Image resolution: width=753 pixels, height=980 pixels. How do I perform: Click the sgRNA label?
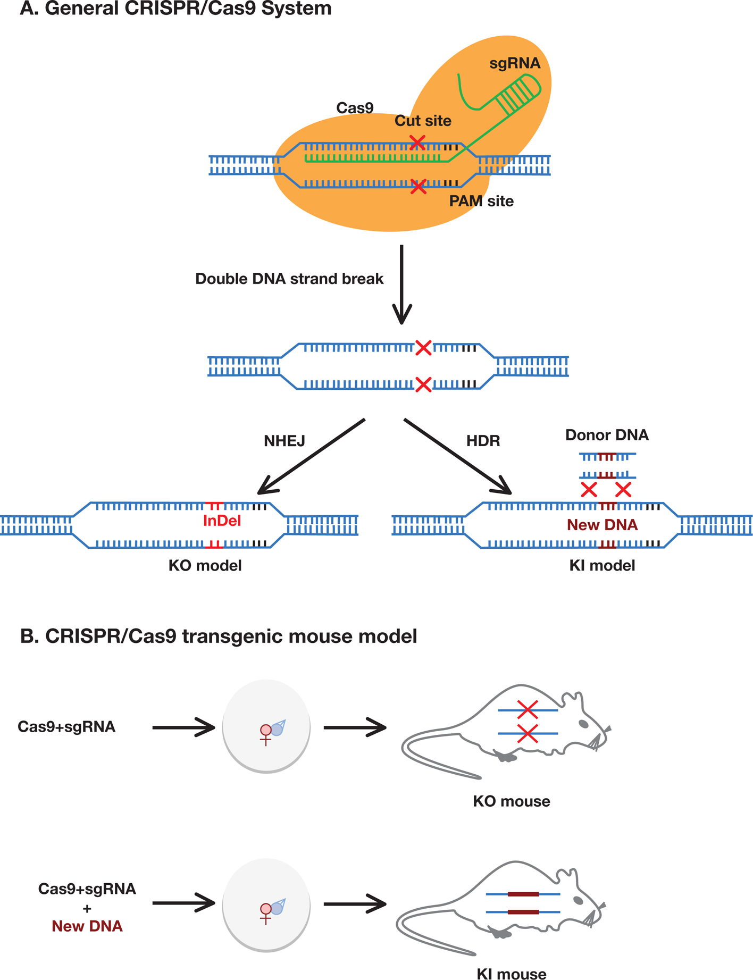click(515, 63)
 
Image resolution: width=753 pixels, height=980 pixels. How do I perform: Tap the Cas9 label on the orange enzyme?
click(355, 108)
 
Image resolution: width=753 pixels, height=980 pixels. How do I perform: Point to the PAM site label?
click(481, 201)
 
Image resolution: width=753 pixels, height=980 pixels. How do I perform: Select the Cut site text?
click(423, 121)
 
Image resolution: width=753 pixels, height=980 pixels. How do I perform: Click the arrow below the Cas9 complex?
click(402, 284)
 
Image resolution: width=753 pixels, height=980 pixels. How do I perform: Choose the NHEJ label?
click(285, 441)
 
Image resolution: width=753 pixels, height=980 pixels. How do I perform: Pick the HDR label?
click(483, 441)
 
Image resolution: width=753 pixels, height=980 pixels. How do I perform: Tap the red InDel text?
click(222, 521)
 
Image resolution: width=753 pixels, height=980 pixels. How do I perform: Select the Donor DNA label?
click(607, 435)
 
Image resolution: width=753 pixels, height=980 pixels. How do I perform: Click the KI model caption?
click(602, 565)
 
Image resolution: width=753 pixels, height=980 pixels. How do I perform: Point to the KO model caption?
click(205, 565)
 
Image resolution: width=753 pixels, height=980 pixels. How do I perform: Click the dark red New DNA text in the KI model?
click(602, 525)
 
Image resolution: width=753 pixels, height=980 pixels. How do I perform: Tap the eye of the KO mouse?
click(583, 724)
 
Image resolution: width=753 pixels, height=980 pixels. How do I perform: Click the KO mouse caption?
click(511, 801)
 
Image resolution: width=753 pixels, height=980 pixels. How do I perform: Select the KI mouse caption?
click(511, 974)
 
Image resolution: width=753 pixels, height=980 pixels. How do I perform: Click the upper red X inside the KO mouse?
click(527, 709)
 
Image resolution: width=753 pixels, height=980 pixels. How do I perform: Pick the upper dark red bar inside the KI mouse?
click(523, 894)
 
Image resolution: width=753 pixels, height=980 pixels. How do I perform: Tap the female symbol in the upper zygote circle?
click(266, 734)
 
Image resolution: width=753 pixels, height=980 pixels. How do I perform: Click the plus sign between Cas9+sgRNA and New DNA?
click(87, 909)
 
